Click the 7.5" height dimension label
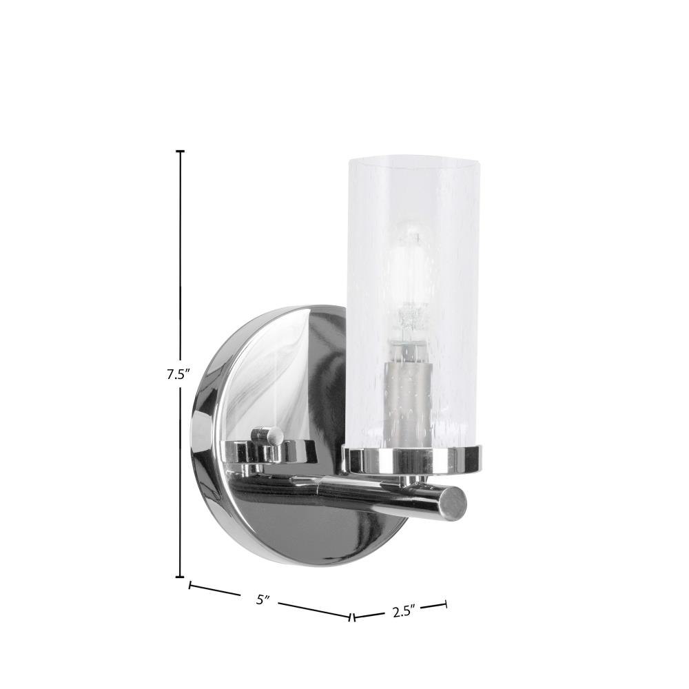[178, 375]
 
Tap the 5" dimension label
[263, 599]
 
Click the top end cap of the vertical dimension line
[180, 151]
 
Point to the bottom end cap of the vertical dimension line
[180, 577]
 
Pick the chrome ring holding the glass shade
[412, 460]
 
